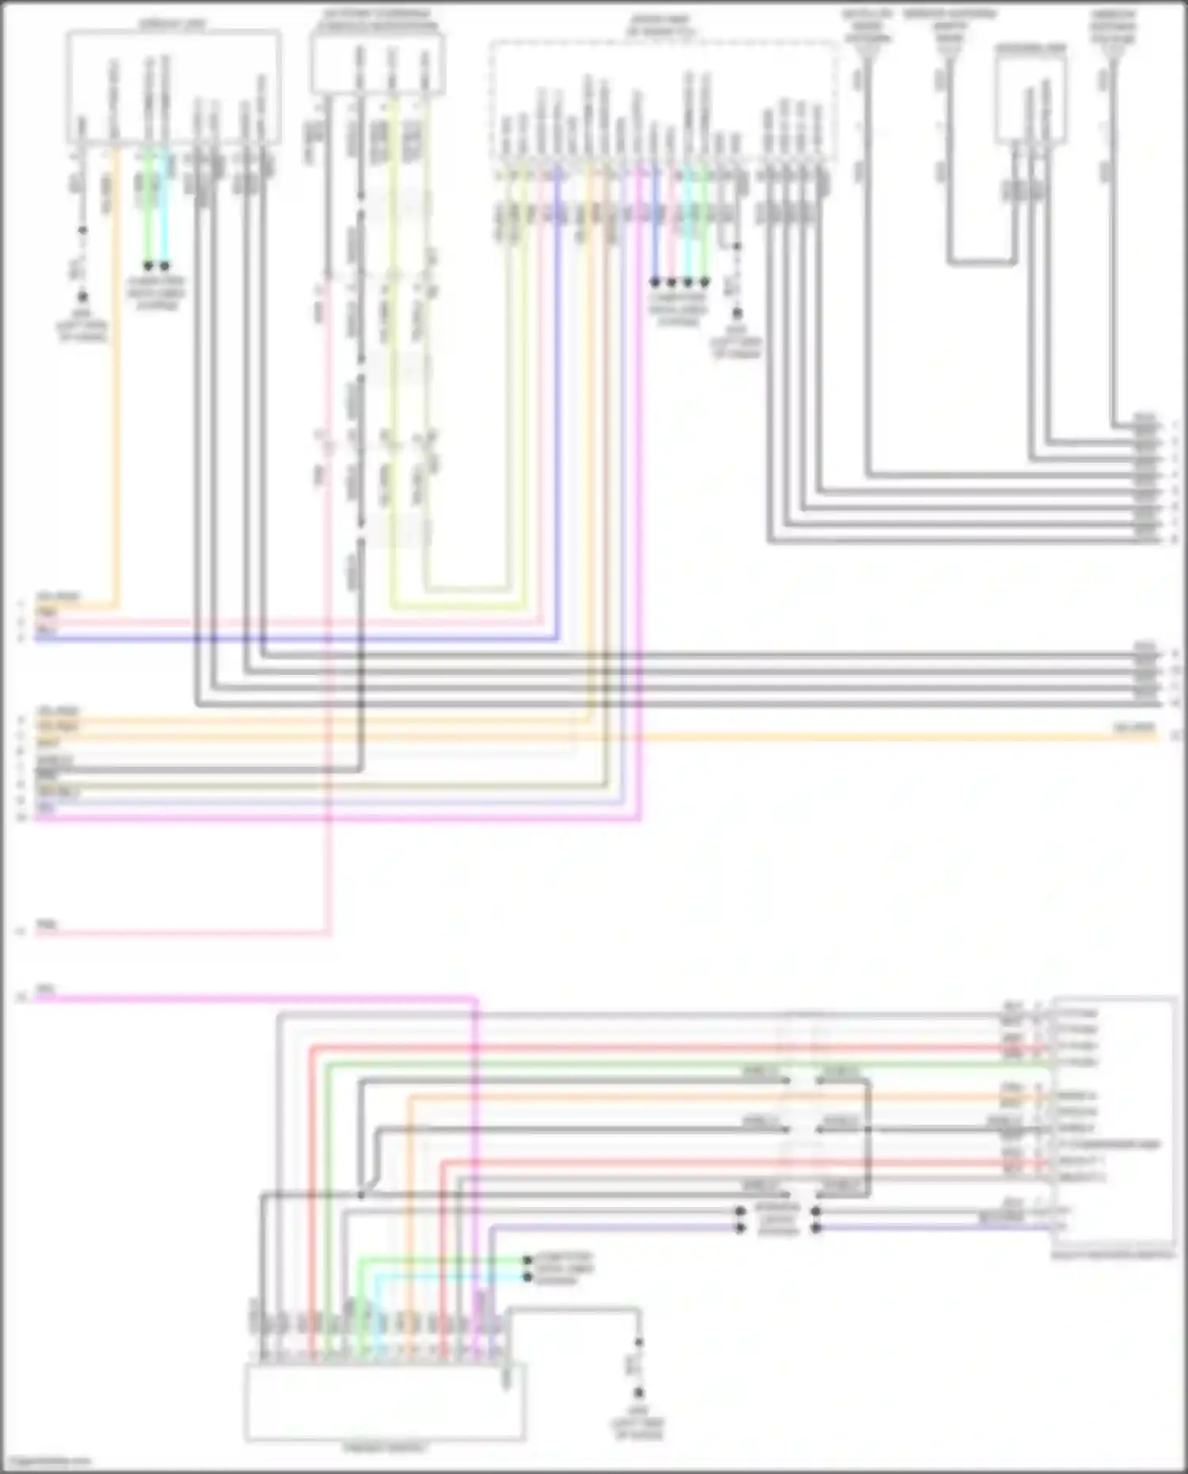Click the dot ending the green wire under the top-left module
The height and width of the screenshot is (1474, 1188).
148,266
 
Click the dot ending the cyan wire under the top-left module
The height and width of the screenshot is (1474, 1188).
165,266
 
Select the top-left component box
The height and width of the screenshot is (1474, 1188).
173,87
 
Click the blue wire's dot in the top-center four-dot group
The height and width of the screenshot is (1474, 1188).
655,282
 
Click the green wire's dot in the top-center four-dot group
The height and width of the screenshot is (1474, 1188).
704,282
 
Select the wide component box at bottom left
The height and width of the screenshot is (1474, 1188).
384,1402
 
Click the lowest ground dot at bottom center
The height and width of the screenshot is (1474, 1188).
638,1393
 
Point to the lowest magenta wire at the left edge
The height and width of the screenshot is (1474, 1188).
158,1000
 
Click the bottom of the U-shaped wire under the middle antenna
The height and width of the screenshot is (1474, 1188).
982,261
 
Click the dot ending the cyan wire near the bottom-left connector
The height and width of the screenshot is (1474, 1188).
527,1277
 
